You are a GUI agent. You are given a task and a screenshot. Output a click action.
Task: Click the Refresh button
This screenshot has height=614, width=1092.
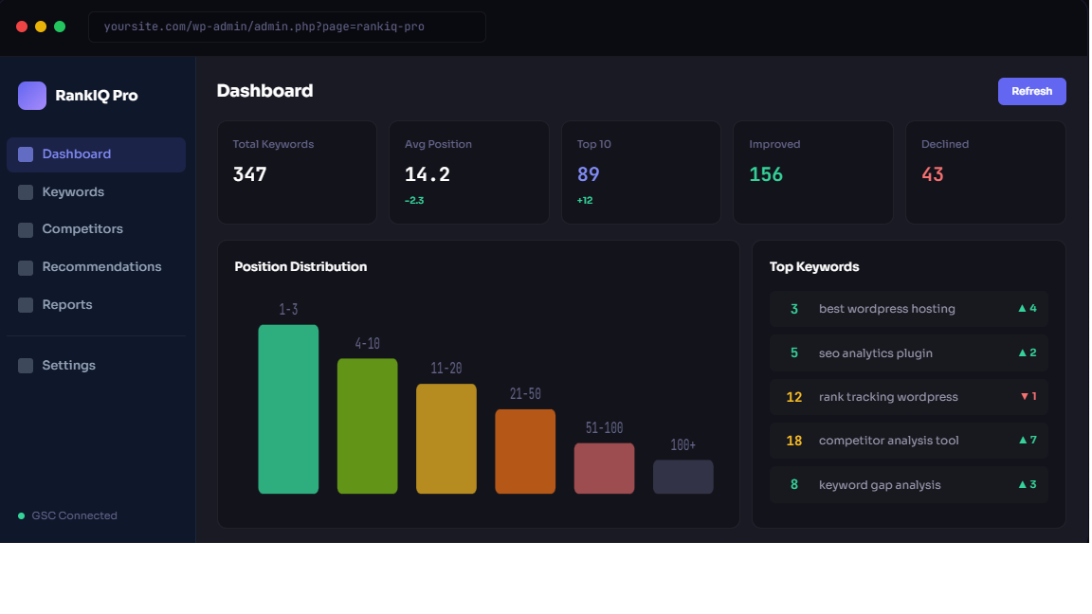1031,91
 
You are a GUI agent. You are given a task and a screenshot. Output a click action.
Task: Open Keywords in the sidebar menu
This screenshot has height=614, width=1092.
73,192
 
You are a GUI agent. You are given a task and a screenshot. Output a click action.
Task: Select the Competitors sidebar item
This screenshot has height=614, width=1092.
82,229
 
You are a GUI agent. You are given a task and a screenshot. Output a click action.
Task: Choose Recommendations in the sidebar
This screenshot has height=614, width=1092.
101,267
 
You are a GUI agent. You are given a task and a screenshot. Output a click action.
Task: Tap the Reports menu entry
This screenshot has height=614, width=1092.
67,305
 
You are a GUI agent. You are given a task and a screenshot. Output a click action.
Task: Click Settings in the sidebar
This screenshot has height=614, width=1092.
68,366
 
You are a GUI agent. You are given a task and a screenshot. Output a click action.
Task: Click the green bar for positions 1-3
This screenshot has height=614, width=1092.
288,409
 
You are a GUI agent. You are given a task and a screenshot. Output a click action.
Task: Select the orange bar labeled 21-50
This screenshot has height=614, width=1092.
525,451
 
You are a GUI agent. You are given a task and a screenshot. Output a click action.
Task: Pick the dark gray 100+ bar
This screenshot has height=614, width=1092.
682,477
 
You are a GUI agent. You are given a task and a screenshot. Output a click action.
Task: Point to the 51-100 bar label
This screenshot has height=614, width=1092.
604,428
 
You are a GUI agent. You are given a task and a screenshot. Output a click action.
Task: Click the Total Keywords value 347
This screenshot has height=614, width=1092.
250,174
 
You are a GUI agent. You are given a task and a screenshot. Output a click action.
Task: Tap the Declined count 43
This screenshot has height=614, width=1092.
933,174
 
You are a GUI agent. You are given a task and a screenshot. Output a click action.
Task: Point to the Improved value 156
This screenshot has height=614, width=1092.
766,174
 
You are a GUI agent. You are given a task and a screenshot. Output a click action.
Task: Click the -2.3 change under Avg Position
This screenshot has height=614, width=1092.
414,201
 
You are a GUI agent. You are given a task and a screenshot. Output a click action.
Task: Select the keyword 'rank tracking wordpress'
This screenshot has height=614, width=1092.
888,397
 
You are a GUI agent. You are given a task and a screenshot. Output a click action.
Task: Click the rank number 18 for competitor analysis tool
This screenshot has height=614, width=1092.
794,441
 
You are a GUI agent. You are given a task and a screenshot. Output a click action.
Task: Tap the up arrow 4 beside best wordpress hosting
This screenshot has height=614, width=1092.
1027,309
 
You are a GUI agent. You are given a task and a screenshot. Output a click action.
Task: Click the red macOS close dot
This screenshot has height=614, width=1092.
22,27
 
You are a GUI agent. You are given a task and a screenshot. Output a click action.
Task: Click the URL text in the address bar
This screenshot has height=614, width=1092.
264,27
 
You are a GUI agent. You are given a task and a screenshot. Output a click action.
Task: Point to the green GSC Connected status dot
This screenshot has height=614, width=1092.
22,516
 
